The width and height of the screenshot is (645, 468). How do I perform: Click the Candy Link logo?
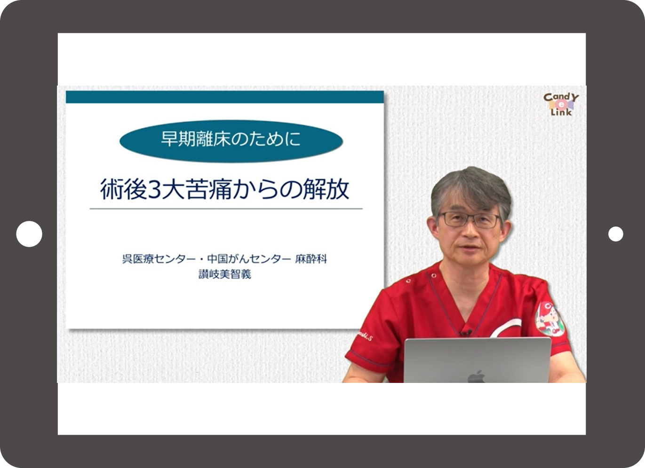(561, 104)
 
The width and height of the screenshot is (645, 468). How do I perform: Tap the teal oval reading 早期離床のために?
(231, 141)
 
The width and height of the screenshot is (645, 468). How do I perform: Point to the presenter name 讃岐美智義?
(225, 274)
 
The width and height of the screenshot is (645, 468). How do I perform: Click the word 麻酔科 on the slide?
(311, 259)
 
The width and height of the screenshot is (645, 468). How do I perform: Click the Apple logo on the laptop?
(476, 376)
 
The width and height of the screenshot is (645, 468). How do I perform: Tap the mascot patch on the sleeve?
(549, 319)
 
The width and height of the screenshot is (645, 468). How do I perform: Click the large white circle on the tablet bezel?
(29, 234)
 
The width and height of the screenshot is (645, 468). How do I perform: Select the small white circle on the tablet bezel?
(616, 234)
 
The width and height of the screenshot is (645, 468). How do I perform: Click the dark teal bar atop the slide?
(225, 97)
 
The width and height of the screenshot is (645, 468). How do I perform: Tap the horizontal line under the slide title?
(226, 209)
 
